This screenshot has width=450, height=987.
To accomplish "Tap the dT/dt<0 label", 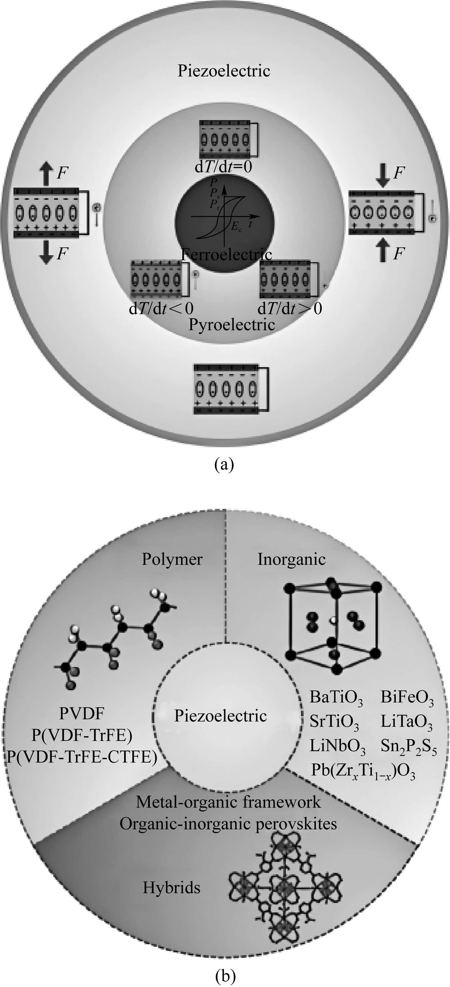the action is tap(161, 308).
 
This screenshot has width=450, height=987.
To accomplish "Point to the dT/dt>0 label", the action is tap(290, 308).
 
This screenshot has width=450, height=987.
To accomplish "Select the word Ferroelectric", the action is tap(227, 254).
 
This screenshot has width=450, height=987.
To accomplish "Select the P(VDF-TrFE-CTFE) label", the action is tap(82, 757).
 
